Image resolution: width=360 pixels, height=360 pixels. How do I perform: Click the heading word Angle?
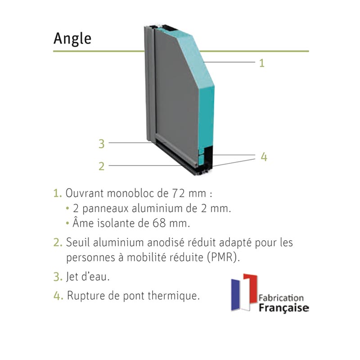[x=72, y=39]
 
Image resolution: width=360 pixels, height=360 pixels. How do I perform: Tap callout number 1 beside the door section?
[x=261, y=63]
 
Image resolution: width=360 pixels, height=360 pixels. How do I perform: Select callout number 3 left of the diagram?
[x=102, y=144]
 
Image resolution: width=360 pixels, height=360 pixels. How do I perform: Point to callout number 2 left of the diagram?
[x=102, y=166]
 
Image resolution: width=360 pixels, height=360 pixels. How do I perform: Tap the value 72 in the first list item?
[x=181, y=194]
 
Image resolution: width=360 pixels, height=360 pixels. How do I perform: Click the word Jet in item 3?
[x=73, y=277]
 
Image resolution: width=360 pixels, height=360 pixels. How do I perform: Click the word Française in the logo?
[x=283, y=308]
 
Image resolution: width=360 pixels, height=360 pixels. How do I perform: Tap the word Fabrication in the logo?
[x=282, y=298]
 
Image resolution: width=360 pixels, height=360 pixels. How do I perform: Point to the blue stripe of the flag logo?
[x=236, y=295]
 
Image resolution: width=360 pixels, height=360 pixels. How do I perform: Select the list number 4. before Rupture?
[x=58, y=296]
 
